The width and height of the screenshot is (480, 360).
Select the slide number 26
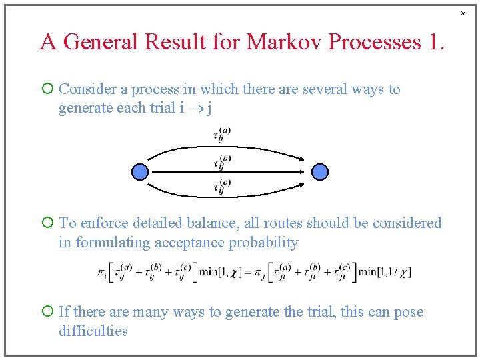coord(463,13)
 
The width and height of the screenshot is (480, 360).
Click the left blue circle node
coord(139,172)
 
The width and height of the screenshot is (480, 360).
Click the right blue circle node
coord(321,172)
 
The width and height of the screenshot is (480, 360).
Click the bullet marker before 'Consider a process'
coord(47,89)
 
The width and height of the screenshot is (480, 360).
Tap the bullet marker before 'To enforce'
coord(47,223)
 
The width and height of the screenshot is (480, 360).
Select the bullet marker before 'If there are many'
coord(47,312)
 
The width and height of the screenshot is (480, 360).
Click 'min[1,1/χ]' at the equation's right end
coord(385,272)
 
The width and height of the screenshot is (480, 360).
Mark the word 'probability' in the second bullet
coord(263,243)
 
